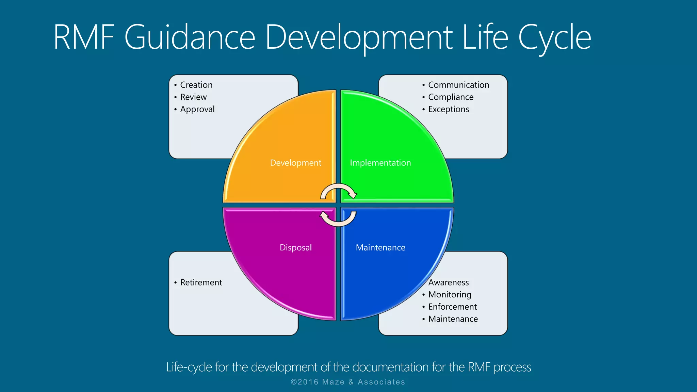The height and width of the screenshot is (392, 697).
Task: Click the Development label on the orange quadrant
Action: (x=295, y=163)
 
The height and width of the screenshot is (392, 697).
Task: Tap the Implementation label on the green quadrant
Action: (x=380, y=163)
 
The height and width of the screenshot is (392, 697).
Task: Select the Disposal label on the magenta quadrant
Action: (x=295, y=248)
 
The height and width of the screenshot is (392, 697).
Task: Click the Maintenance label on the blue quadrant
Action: (x=380, y=248)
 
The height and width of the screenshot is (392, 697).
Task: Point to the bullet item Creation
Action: (x=196, y=85)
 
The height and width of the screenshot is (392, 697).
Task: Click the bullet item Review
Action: (x=193, y=97)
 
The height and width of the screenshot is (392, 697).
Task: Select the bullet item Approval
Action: (x=197, y=110)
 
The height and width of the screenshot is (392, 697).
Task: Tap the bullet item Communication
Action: (x=458, y=85)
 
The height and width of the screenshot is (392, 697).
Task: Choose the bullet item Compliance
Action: (x=451, y=97)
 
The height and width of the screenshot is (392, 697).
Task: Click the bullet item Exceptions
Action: (x=449, y=110)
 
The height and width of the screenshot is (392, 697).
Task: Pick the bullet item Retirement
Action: (x=201, y=282)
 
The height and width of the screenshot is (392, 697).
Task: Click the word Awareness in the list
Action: (x=449, y=282)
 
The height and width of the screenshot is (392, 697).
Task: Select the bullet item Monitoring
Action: (x=450, y=295)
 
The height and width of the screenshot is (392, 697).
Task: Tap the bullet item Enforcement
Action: (x=452, y=307)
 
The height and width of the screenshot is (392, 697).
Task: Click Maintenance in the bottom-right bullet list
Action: (x=453, y=319)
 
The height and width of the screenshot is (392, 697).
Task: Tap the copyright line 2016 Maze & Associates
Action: (x=348, y=382)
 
